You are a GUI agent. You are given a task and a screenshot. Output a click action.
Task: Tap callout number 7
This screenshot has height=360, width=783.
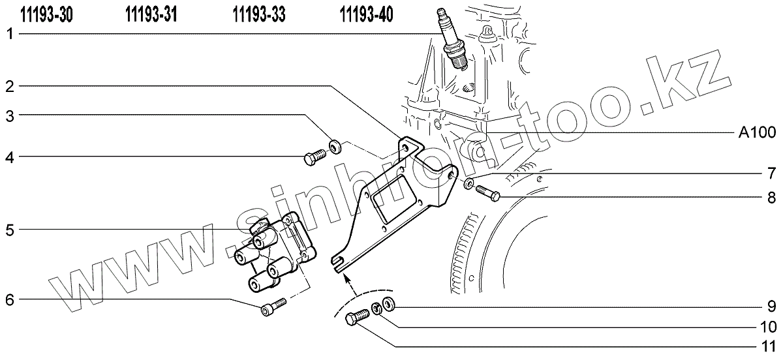coord(771,175)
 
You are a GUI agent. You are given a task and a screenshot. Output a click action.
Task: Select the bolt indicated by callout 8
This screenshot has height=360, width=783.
coord(488,193)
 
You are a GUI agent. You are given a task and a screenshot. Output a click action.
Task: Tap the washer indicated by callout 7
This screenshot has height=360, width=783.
coord(469,184)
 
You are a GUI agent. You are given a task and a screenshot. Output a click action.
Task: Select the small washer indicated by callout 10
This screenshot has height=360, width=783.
coord(376,309)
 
